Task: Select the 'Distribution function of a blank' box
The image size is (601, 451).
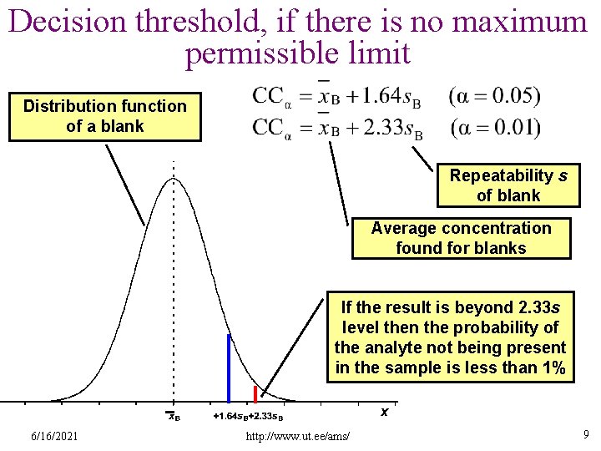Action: (104, 116)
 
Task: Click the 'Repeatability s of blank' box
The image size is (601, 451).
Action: (508, 185)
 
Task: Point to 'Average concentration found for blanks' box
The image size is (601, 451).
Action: (461, 238)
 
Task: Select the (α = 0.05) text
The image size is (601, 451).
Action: (494, 96)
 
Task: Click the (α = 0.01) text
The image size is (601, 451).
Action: (494, 129)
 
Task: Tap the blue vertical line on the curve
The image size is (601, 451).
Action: (229, 367)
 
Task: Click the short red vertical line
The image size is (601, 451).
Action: (255, 394)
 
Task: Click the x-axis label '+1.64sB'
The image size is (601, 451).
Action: (230, 416)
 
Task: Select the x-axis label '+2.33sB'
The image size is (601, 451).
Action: (266, 416)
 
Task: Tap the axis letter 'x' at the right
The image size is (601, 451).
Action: (384, 412)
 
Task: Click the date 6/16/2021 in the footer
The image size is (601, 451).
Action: (54, 436)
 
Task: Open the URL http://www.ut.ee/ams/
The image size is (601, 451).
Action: (298, 437)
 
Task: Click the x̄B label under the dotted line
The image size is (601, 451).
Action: (173, 416)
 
